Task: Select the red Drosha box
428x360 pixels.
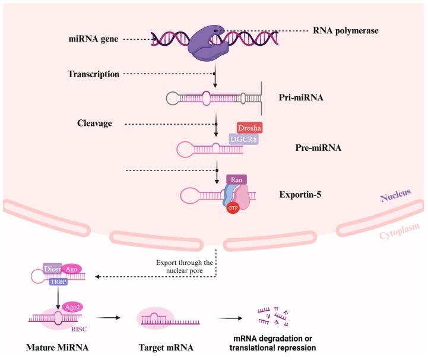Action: point(249,127)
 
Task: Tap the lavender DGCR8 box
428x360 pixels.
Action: point(243,139)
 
